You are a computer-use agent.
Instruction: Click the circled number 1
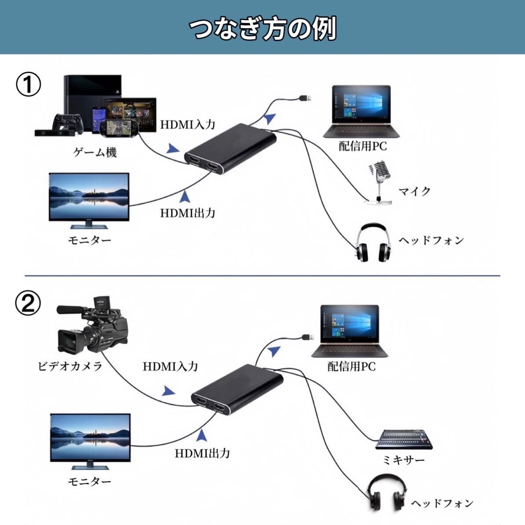(29, 84)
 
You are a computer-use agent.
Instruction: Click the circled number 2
(29, 303)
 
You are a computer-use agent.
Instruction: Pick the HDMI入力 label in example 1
(187, 124)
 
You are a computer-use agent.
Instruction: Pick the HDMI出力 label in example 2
(202, 453)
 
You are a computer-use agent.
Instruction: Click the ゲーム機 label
(95, 153)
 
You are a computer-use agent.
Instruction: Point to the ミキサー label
(403, 460)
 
